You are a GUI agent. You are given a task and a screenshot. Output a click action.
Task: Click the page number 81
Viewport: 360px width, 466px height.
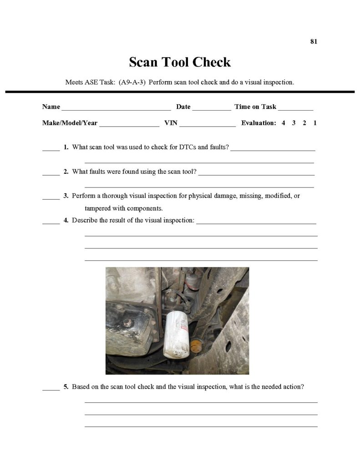314,41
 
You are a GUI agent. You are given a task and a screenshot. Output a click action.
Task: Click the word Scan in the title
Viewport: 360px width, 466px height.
144,62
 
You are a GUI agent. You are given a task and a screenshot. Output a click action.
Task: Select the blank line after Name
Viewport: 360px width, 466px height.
116,108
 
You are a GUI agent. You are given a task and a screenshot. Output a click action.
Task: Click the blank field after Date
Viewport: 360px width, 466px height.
212,108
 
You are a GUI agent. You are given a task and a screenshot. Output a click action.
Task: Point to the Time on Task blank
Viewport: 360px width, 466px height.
295,108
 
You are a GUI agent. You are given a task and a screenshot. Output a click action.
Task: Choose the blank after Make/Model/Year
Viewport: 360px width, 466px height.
129,124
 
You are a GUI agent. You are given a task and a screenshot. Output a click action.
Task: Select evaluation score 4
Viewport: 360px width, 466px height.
283,123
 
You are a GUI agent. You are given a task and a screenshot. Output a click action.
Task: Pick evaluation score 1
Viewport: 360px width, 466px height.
315,123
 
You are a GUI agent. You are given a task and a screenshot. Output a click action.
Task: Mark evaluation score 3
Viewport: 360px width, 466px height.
294,123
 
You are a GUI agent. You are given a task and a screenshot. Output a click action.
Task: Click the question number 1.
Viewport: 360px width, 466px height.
66,147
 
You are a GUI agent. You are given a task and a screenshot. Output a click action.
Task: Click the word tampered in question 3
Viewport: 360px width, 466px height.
99,208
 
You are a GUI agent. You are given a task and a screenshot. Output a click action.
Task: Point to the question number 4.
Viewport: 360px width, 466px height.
66,221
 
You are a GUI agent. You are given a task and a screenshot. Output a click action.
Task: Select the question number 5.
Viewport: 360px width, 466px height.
66,387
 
